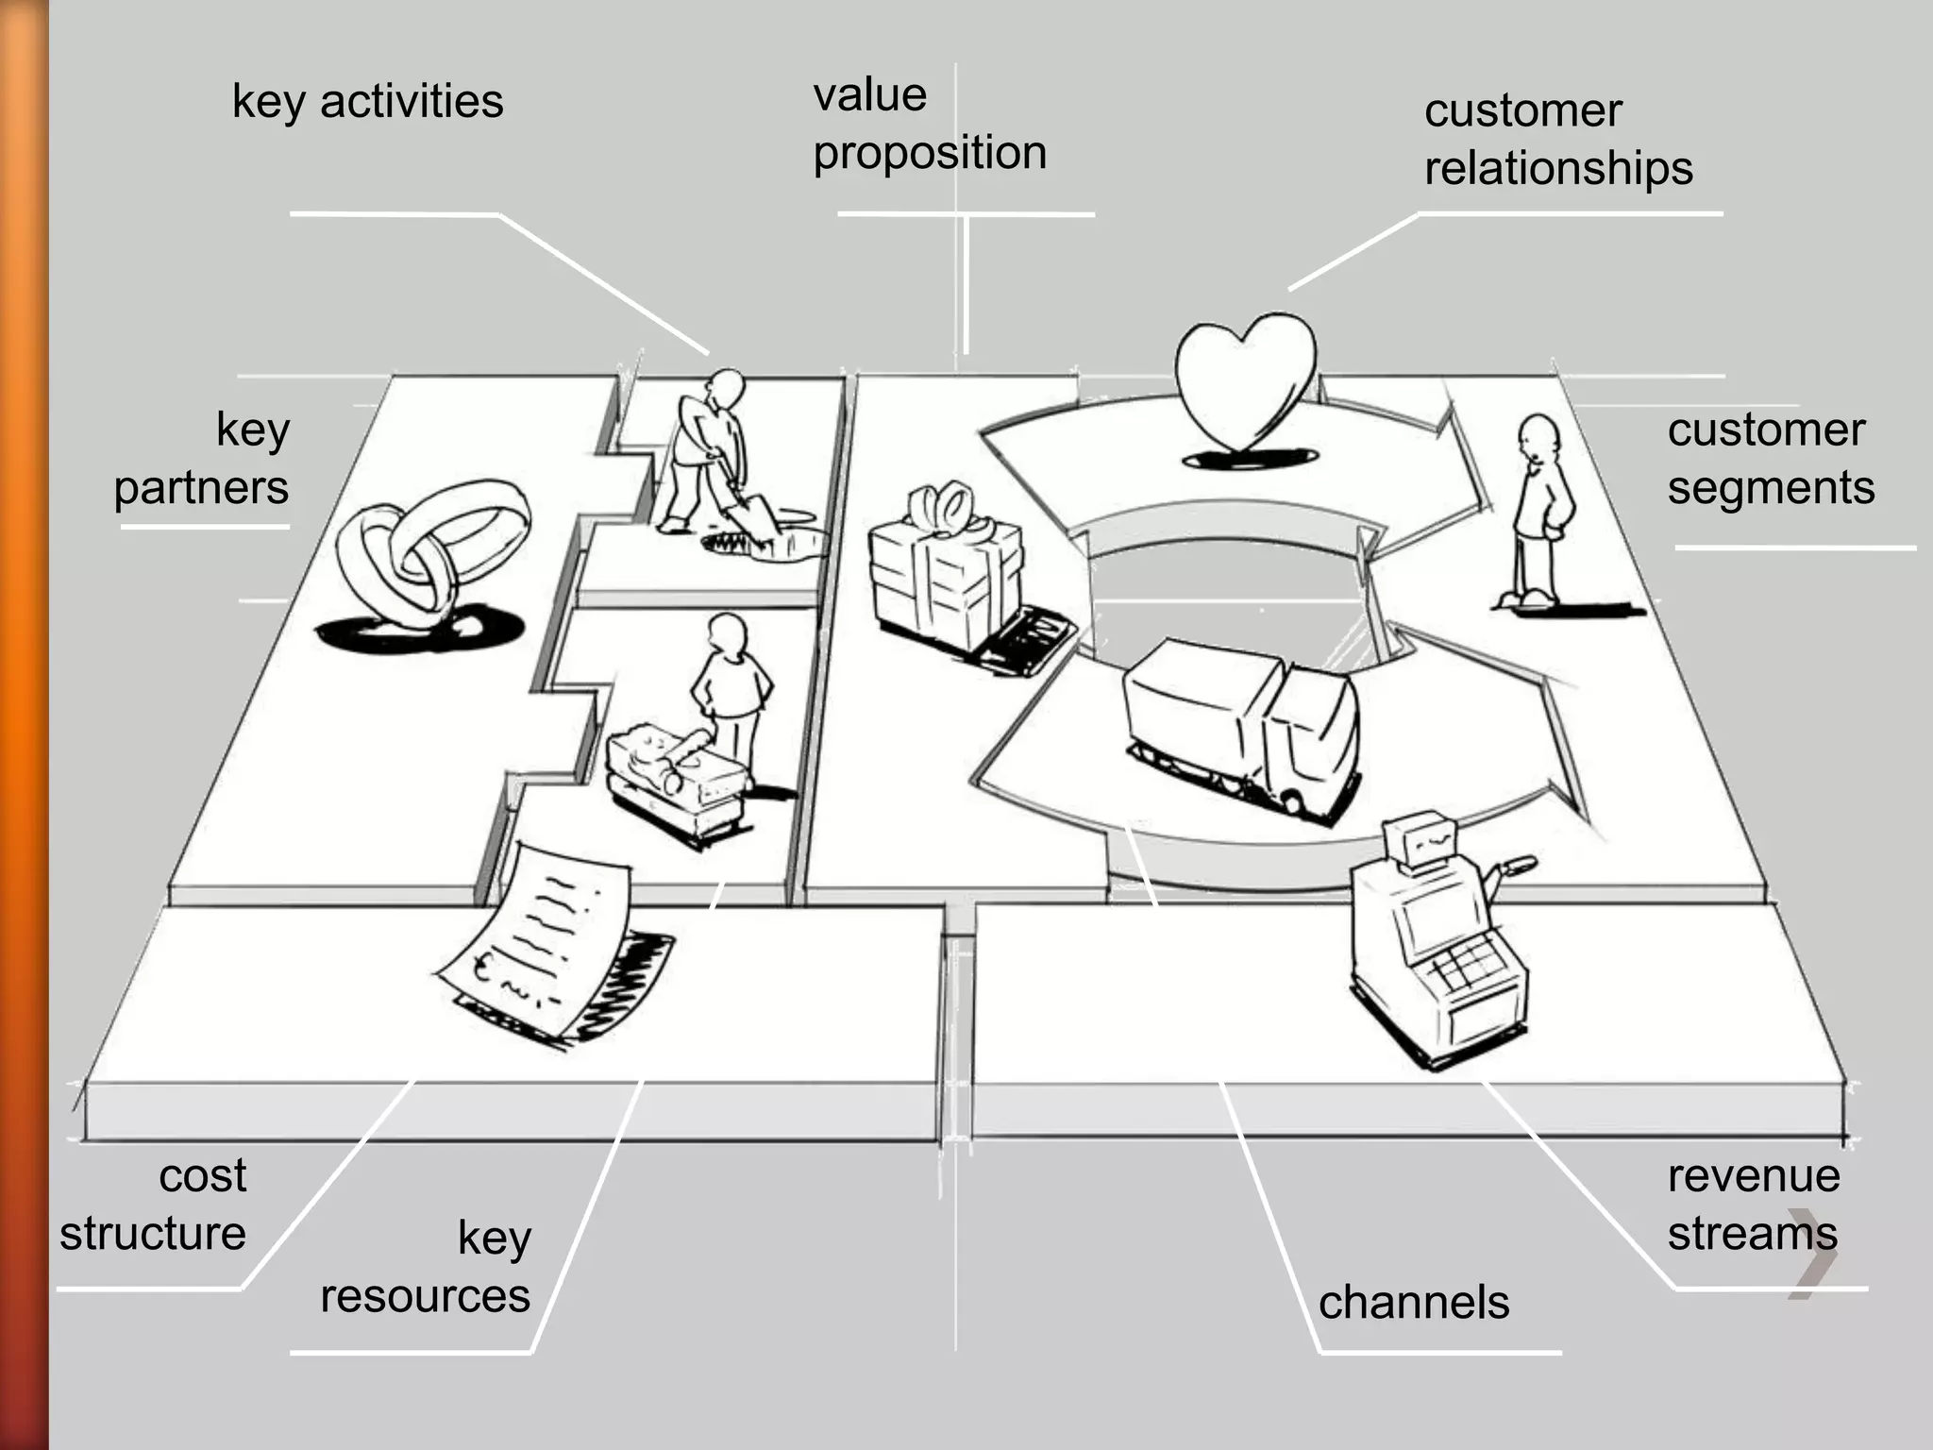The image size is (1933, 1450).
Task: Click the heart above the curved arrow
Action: tap(1244, 382)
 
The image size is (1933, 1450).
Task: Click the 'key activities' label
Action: tap(367, 101)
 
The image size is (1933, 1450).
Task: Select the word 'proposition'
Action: tap(930, 153)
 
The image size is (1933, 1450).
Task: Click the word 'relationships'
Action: tap(1558, 169)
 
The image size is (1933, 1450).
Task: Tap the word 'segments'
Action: tap(1771, 488)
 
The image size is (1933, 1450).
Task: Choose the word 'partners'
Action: tap(201, 488)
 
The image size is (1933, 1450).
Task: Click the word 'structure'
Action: tap(153, 1234)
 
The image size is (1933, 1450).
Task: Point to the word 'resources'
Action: tap(425, 1296)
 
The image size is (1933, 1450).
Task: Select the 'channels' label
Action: tap(1413, 1303)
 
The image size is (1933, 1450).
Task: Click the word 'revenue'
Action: tap(1753, 1176)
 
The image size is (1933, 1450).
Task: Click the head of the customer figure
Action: tap(1538, 436)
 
